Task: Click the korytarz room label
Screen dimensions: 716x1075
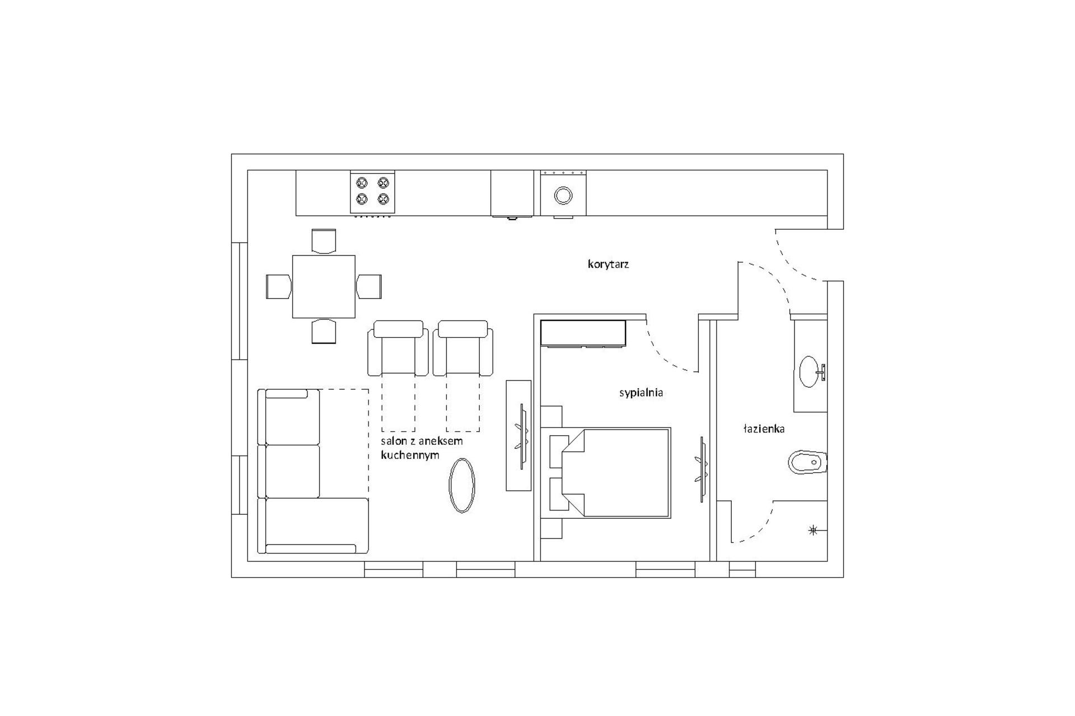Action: (x=608, y=264)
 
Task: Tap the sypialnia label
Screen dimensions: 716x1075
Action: (x=641, y=393)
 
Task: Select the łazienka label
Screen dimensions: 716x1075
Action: (x=764, y=429)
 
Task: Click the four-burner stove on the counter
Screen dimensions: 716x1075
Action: (x=372, y=191)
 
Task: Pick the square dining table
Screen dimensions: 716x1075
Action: (x=324, y=286)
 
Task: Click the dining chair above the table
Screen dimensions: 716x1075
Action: (x=324, y=241)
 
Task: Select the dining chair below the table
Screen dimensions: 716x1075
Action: (x=324, y=331)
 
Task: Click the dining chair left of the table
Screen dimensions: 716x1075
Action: (x=278, y=286)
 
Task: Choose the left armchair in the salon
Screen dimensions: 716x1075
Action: (x=398, y=348)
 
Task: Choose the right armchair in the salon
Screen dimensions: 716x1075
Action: (x=463, y=348)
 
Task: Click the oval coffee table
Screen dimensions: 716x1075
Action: (x=462, y=485)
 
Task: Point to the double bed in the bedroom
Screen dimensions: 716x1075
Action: (x=616, y=473)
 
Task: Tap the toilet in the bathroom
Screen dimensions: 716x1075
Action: (x=807, y=463)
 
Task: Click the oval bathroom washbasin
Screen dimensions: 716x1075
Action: (x=808, y=371)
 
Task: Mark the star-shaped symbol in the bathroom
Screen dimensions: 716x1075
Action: (x=814, y=530)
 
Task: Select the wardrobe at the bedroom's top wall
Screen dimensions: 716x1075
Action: (x=583, y=332)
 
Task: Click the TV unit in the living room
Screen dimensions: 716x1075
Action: (x=518, y=435)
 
